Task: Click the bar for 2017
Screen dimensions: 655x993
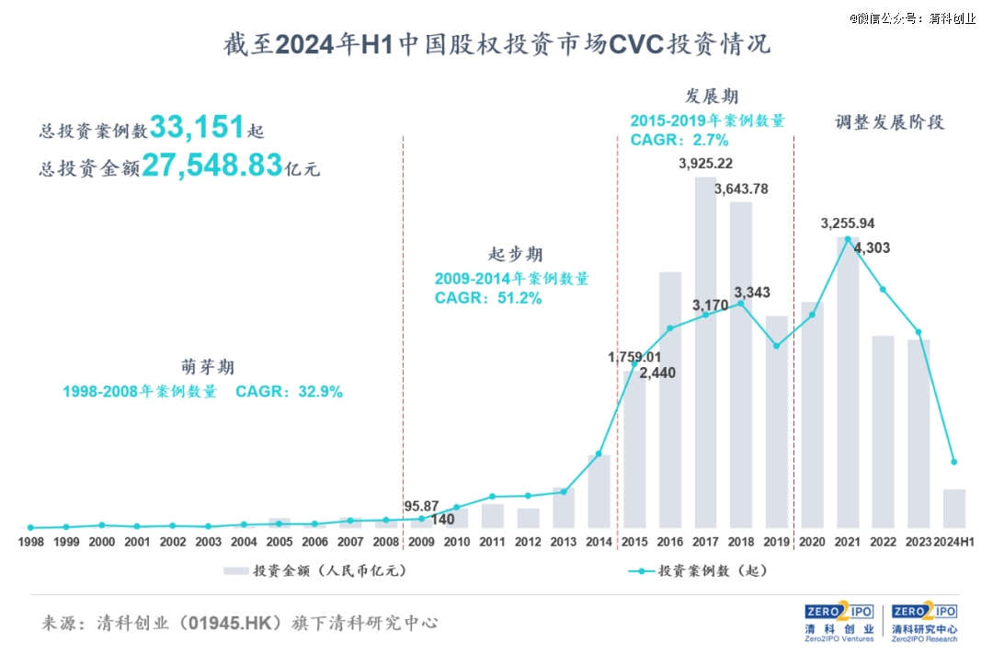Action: pos(705,353)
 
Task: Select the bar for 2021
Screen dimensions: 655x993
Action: pos(848,383)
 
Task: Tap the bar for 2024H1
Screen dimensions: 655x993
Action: pos(954,509)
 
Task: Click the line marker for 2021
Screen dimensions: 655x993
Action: pos(848,239)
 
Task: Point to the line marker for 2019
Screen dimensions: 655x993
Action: pos(777,346)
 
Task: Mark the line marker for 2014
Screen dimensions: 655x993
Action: pos(599,454)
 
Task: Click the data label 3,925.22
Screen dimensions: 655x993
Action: pos(705,164)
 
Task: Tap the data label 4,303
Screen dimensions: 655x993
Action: pos(872,247)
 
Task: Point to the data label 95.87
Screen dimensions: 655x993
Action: pos(421,506)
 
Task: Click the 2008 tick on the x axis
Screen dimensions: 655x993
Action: pos(386,543)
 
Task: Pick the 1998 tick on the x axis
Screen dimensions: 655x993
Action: pos(30,543)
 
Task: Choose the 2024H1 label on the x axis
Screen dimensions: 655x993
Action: pos(953,543)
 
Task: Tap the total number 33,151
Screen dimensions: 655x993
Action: pos(197,127)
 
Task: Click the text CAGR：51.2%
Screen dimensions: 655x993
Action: pos(487,298)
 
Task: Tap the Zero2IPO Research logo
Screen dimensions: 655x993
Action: pos(923,623)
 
